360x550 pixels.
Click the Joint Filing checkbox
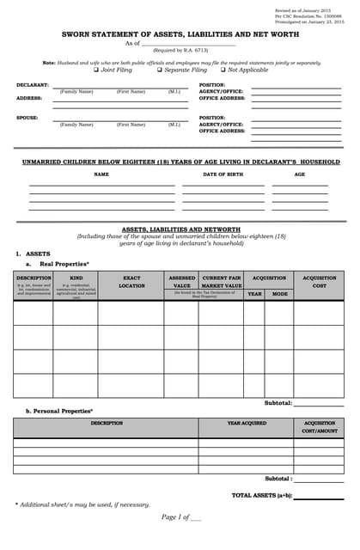96,70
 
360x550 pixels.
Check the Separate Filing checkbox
161,70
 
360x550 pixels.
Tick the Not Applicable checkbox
223,70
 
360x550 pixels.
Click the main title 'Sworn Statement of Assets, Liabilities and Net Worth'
180,34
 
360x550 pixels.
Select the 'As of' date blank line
187,43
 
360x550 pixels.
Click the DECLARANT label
33,85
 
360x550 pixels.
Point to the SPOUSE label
27,118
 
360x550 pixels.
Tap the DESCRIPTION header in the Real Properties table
34,278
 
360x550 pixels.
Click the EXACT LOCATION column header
131,282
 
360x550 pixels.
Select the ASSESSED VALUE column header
181,282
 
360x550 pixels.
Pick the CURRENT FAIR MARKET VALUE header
221,282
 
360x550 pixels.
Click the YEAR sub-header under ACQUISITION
254,294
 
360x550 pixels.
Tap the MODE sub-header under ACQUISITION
279,294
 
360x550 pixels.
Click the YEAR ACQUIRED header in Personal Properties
247,423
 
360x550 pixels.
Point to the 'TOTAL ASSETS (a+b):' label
261,495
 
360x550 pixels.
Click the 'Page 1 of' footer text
180,517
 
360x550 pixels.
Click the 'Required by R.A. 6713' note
180,51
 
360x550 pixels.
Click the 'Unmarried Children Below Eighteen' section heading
180,162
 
